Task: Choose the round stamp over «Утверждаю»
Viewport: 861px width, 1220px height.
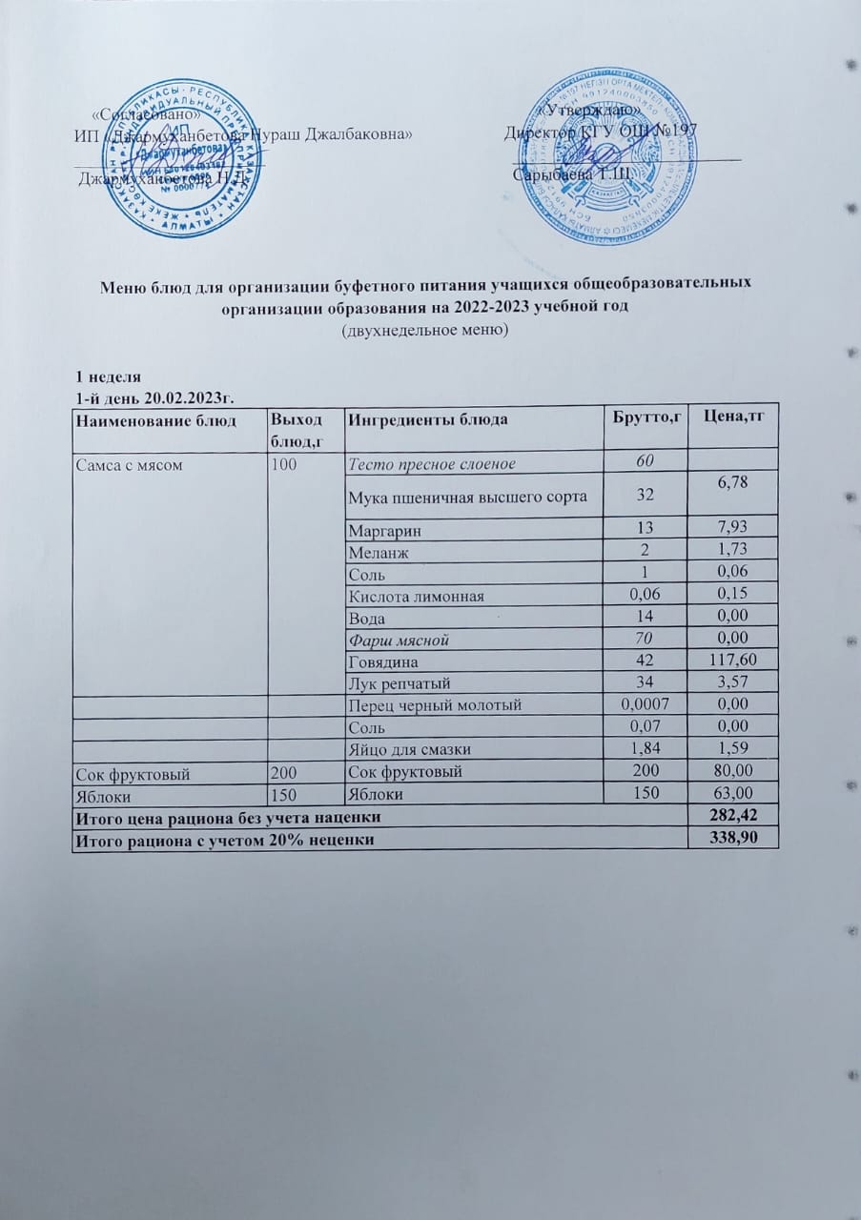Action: click(614, 156)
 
